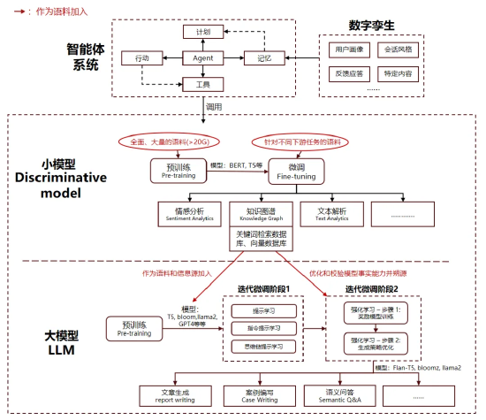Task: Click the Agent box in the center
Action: tap(197, 58)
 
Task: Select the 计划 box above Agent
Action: tap(202, 32)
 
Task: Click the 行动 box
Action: tap(142, 58)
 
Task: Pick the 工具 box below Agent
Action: tap(202, 86)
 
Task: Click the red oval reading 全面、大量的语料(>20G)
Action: tap(170, 141)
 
